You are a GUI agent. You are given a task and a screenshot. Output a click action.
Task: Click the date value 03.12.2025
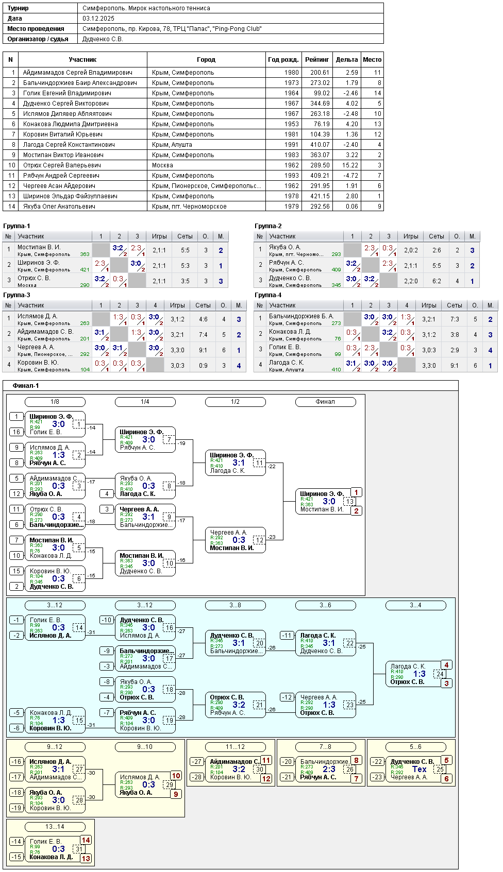point(98,19)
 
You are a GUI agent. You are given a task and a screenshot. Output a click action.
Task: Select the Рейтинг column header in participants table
point(317,60)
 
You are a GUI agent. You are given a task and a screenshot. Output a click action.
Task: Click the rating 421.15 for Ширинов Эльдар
point(320,196)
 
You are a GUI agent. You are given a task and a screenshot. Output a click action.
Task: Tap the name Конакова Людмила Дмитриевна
point(70,124)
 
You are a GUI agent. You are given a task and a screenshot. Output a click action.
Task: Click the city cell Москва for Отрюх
point(162,165)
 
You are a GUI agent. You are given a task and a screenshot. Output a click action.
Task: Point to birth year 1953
point(291,124)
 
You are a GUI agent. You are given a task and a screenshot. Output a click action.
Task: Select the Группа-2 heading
point(268,226)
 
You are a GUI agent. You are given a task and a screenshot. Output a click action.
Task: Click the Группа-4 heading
point(268,295)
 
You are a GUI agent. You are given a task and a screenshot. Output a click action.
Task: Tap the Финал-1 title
point(26,386)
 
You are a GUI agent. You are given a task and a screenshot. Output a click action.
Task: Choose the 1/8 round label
point(55,402)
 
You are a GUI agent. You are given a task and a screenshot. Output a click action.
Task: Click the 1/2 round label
point(235,402)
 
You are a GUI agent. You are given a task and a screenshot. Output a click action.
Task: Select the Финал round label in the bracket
point(325,402)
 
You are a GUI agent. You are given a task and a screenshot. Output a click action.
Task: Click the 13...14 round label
point(55,827)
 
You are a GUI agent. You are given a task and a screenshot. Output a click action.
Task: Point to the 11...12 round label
point(235,747)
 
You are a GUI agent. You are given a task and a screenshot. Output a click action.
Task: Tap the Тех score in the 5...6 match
point(419,769)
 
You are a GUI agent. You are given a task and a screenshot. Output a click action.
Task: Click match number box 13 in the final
point(350,502)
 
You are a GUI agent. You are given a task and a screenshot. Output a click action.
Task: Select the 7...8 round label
point(325,747)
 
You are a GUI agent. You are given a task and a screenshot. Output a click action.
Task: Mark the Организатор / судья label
point(38,39)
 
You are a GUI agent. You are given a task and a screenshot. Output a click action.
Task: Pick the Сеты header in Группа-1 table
point(185,236)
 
